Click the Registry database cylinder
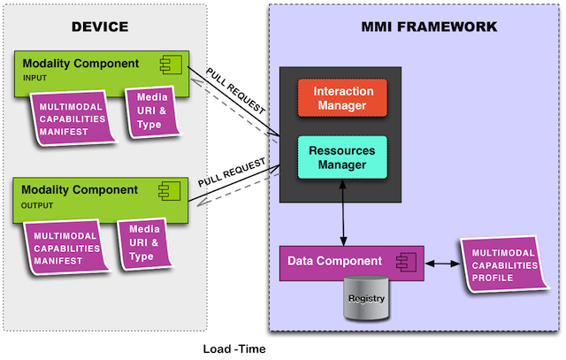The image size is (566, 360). [x=366, y=298]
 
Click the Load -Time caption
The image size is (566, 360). [x=233, y=349]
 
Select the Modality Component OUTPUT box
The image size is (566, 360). [x=88, y=195]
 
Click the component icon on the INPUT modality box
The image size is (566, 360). [x=165, y=63]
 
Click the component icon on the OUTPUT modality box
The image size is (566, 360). [x=165, y=190]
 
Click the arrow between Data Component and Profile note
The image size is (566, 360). [x=443, y=263]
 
